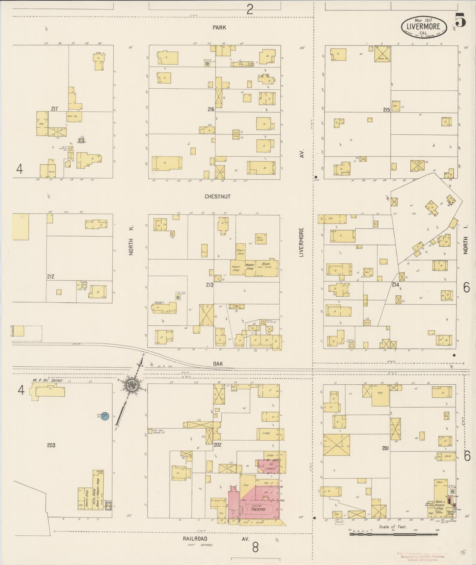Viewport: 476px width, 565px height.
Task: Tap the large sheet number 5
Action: click(x=461, y=20)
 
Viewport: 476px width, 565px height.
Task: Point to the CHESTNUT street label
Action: click(x=217, y=196)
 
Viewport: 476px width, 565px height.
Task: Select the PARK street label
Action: click(x=219, y=28)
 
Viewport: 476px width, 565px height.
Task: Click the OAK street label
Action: click(x=218, y=364)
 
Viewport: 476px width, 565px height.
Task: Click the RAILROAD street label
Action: click(x=195, y=539)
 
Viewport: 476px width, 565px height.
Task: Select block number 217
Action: click(x=55, y=108)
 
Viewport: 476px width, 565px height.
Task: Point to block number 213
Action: click(x=210, y=284)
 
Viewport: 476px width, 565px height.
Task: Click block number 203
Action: click(x=51, y=445)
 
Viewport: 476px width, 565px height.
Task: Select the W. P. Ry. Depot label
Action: click(x=47, y=380)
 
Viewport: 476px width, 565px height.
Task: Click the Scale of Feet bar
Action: click(x=394, y=534)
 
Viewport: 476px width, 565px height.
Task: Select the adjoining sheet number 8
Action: click(x=255, y=548)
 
